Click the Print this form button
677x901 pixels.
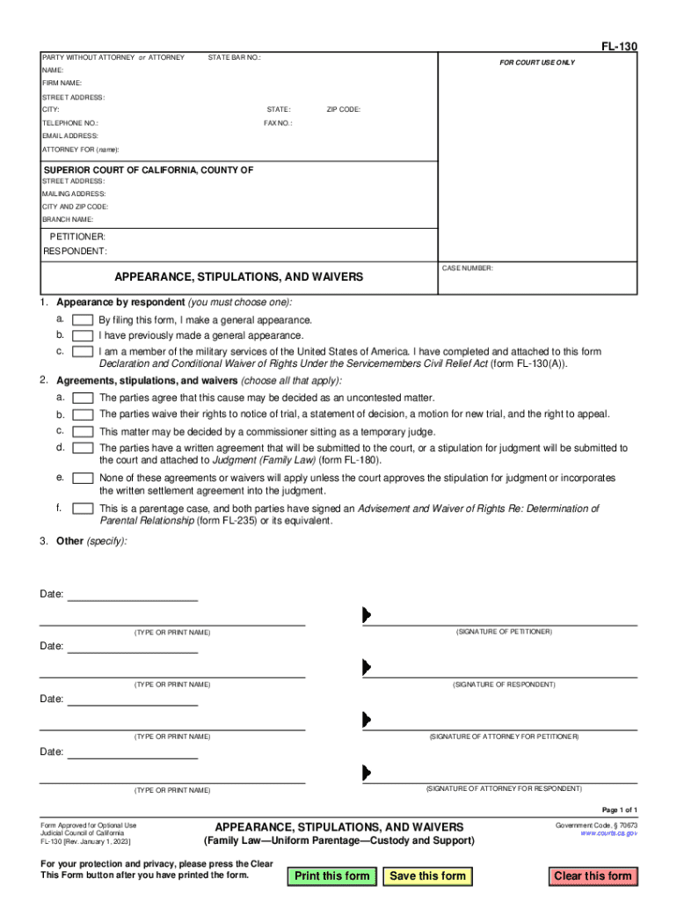click(x=332, y=875)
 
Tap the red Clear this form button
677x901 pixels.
click(x=593, y=875)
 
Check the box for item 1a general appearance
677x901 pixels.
click(x=83, y=320)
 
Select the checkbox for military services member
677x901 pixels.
click(x=83, y=351)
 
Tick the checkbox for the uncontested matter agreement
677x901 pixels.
click(x=83, y=398)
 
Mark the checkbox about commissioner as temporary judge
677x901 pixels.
click(x=83, y=431)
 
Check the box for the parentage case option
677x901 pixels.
click(x=83, y=509)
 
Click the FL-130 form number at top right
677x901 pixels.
click(x=620, y=46)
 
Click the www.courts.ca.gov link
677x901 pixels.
click(x=608, y=832)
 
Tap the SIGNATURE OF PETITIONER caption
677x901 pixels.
click(x=504, y=632)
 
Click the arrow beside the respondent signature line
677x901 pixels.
click(x=367, y=667)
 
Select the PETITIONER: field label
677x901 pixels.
click(x=77, y=238)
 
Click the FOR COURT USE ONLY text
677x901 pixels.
click(x=537, y=62)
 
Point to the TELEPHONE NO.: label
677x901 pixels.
click(x=70, y=123)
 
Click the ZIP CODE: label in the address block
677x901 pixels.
click(x=343, y=109)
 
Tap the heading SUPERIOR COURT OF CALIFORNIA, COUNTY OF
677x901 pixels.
click(x=149, y=170)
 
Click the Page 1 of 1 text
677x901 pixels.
click(x=619, y=809)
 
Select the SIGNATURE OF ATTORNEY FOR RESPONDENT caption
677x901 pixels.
click(x=504, y=788)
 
